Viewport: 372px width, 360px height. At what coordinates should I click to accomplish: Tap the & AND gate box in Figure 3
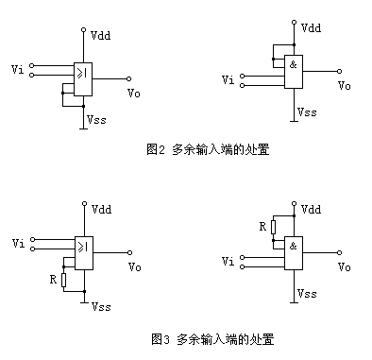coord(295,254)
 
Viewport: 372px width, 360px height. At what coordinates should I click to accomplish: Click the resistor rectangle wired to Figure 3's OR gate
coord(63,280)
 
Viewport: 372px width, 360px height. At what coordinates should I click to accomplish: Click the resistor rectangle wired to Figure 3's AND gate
coord(273,227)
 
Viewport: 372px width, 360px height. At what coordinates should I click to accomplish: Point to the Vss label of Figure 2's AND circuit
coord(307,111)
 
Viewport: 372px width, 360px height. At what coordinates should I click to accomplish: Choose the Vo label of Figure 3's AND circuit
coord(345,266)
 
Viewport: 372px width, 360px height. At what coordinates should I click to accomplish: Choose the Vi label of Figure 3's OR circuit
coord(18,244)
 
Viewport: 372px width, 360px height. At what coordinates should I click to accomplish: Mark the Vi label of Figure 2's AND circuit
coord(228,80)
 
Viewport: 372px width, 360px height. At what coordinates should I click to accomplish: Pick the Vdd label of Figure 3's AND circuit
coord(311,209)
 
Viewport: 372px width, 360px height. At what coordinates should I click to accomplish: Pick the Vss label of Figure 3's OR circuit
coord(98,307)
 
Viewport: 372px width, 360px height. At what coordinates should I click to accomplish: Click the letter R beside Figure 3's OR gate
coord(51,280)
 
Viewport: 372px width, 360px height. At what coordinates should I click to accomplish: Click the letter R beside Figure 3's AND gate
coord(262,227)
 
